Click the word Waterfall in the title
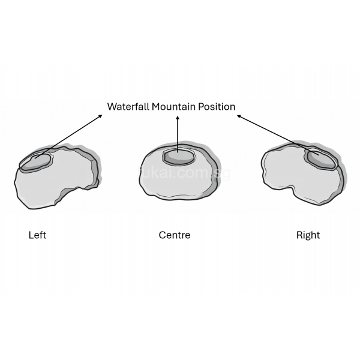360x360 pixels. click(128, 107)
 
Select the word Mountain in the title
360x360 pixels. click(175, 107)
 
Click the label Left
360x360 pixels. click(37, 235)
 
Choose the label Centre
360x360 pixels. click(175, 235)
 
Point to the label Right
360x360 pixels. click(308, 235)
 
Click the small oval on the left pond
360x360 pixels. click(35, 162)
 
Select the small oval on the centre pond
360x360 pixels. click(179, 156)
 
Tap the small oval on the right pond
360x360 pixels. click(322, 159)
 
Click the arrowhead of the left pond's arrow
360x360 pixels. click(100, 115)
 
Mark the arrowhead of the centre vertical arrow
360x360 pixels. click(178, 118)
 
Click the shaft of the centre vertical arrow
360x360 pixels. click(178, 135)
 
